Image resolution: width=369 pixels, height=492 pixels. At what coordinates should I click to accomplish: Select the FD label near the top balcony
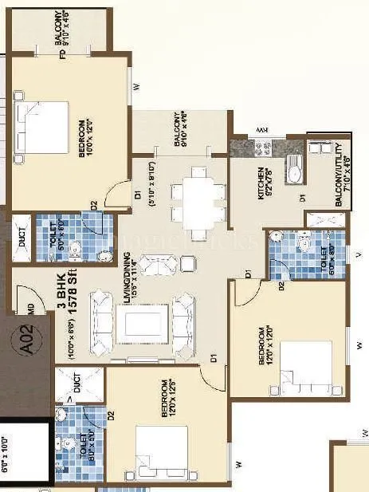(62, 55)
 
